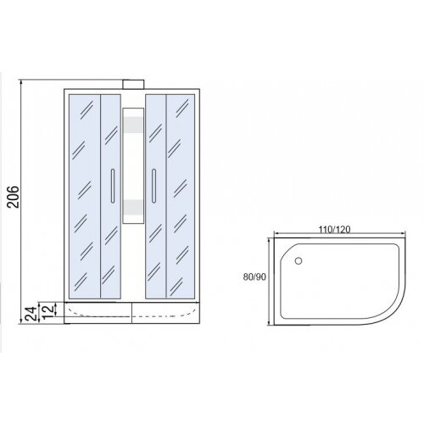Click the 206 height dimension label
[14, 197]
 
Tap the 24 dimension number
[31, 313]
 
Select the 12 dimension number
[47, 310]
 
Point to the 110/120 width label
[335, 230]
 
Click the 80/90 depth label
[254, 277]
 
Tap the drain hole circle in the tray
[298, 260]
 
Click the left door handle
[113, 186]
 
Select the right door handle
[153, 186]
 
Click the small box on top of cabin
[133, 85]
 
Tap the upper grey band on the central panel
[133, 125]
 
